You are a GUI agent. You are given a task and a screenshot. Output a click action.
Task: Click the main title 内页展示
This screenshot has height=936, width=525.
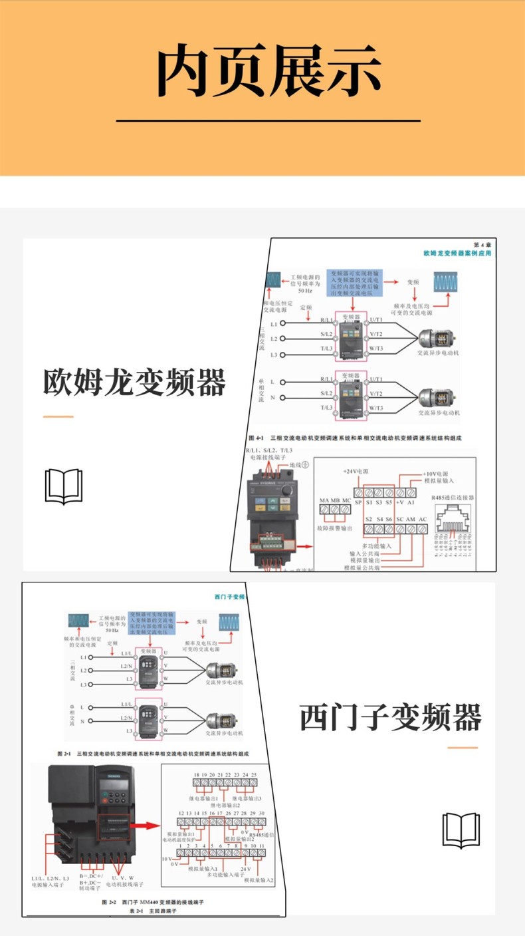268,71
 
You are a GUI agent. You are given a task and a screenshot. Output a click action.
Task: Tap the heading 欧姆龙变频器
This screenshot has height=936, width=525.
135,383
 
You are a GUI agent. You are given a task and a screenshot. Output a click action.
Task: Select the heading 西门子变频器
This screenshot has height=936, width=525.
390,718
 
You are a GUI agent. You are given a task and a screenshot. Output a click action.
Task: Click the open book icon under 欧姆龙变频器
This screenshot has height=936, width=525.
64,486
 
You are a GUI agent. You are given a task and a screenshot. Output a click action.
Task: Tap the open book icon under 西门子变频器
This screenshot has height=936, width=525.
461,830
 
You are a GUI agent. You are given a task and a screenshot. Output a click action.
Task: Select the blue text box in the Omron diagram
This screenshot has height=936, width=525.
354,282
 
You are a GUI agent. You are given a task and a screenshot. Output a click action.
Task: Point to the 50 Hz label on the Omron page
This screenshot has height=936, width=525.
305,291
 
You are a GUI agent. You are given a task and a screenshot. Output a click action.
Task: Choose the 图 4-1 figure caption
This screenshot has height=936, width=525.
354,438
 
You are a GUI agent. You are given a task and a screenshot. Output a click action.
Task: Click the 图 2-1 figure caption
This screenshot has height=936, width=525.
153,754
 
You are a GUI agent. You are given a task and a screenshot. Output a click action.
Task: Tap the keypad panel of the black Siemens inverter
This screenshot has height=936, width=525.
114,792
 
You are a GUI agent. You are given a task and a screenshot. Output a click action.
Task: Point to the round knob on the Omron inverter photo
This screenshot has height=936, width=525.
286,490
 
